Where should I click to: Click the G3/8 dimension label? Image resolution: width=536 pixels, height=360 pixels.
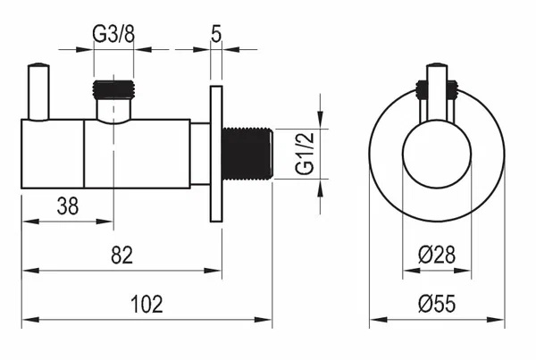click(x=113, y=34)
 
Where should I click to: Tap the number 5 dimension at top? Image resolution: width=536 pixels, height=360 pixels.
click(x=216, y=34)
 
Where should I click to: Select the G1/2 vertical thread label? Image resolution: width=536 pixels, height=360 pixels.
click(x=305, y=154)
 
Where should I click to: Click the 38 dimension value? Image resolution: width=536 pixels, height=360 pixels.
click(x=68, y=206)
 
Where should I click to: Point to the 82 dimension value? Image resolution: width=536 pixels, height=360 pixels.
click(x=121, y=255)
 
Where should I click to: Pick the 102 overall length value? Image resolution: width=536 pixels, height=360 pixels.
click(x=147, y=304)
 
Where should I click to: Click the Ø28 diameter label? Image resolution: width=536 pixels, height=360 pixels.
click(x=437, y=255)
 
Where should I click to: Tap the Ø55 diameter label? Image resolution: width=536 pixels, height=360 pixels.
click(x=437, y=304)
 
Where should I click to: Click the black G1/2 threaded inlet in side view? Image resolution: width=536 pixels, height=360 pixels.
click(x=247, y=154)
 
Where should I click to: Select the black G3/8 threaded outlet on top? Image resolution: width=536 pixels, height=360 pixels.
click(x=113, y=89)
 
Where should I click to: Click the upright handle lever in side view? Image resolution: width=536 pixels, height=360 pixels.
click(x=38, y=92)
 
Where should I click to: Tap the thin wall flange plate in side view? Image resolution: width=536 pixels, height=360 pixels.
click(x=216, y=154)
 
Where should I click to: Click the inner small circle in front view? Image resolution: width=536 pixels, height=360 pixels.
click(x=437, y=154)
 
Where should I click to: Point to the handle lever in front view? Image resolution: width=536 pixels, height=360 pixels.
click(x=437, y=92)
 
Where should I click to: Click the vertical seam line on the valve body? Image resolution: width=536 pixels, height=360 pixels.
click(x=84, y=154)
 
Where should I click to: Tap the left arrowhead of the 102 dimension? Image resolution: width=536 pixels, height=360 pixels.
click(x=30, y=320)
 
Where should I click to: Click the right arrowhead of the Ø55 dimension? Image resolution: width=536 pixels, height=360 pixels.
click(x=496, y=320)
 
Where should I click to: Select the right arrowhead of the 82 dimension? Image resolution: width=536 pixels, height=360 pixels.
click(x=213, y=271)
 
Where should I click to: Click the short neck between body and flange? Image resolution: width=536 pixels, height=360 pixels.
click(x=200, y=154)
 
